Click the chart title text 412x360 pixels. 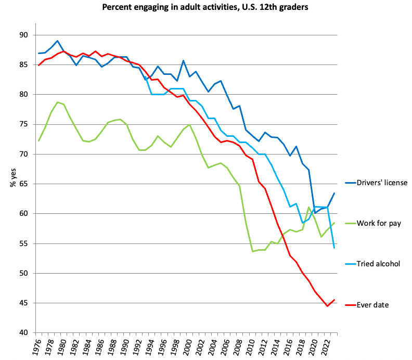click(x=205, y=8)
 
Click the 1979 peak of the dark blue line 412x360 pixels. click(x=57, y=41)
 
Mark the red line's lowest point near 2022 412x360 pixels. click(x=327, y=306)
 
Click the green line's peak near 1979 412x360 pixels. click(x=57, y=102)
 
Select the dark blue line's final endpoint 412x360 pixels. click(x=333, y=194)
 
